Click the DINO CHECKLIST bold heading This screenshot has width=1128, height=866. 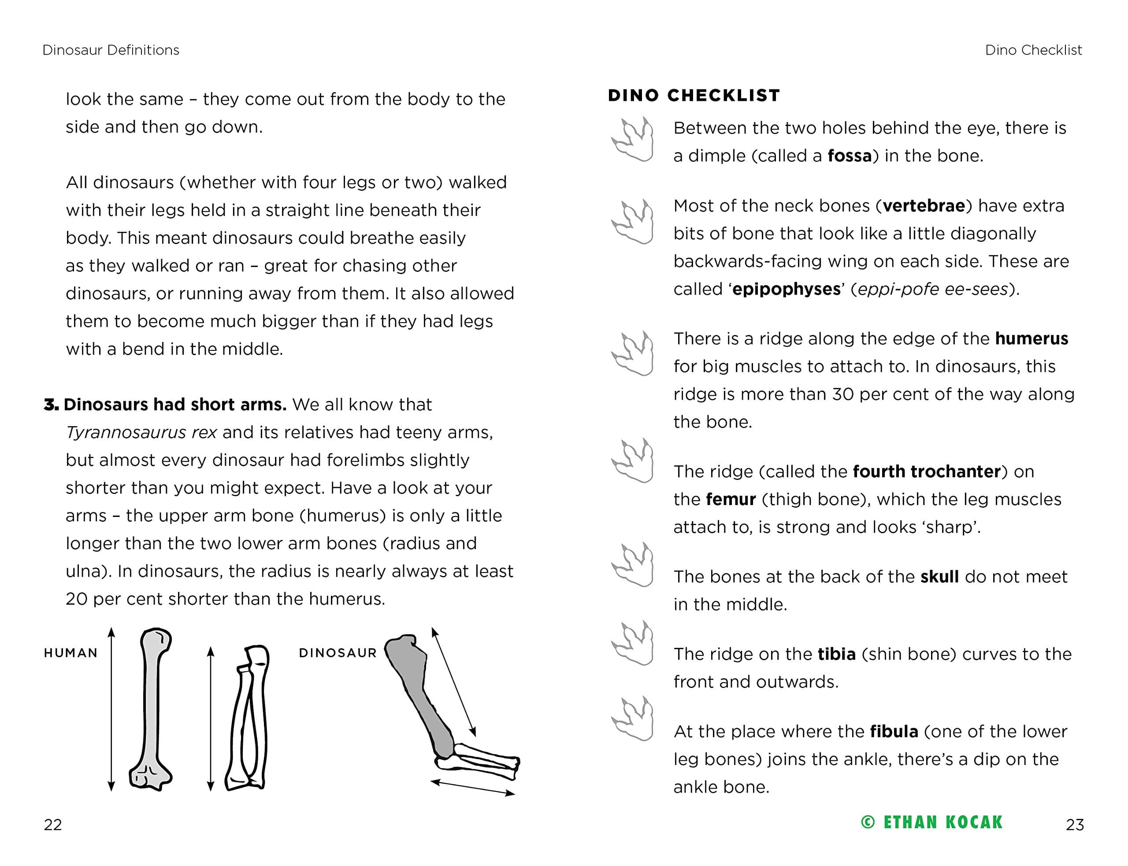[694, 95]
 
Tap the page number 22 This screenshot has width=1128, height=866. [52, 825]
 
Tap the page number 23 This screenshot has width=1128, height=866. [1074, 825]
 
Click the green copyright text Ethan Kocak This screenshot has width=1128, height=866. [931, 822]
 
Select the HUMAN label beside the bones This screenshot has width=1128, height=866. [70, 653]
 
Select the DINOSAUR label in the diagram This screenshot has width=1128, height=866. [338, 653]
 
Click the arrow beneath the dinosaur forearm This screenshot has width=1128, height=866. [472, 788]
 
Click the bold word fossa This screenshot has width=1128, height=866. [849, 156]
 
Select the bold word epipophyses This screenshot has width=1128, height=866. [786, 289]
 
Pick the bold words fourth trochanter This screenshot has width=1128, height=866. [927, 472]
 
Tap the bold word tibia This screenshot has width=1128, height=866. [836, 654]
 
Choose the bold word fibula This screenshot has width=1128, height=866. [894, 732]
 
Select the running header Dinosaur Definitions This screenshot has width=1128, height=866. [111, 50]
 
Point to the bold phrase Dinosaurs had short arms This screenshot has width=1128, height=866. [174, 405]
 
